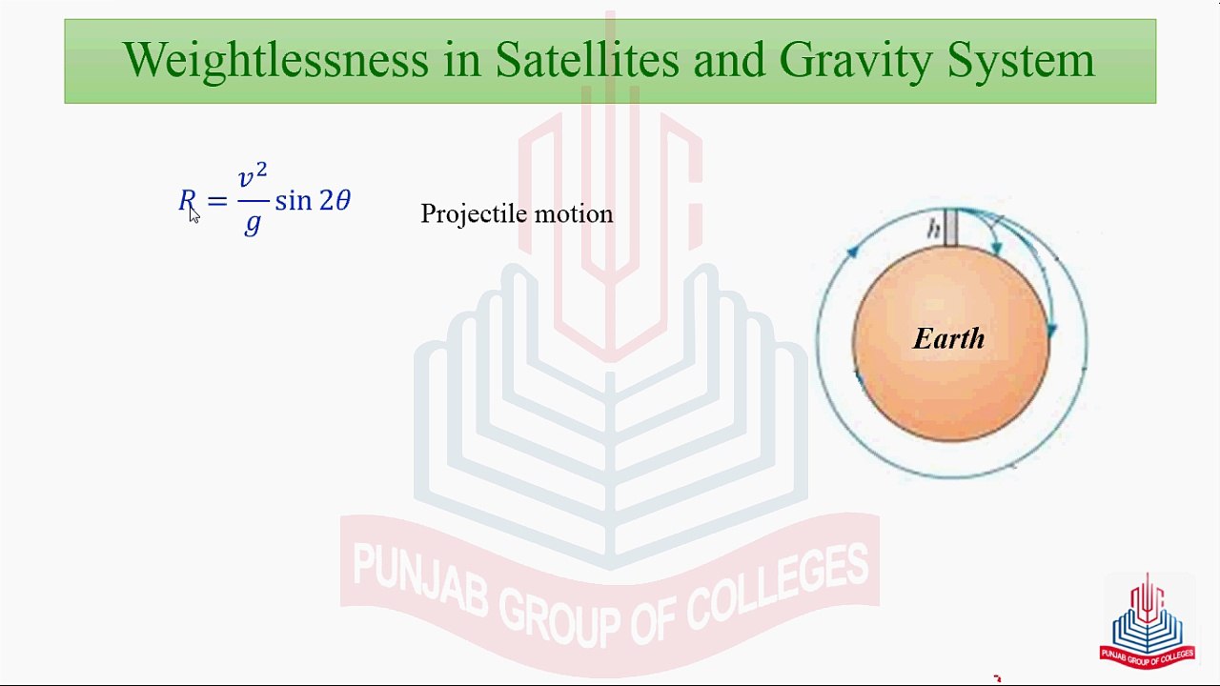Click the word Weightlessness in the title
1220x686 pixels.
[276, 60]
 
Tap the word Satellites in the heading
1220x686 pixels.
[587, 59]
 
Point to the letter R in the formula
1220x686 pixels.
[187, 200]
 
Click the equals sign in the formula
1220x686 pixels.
[217, 201]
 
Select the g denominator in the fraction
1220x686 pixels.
[253, 223]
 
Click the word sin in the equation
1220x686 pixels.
[293, 200]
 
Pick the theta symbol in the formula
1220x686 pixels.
[343, 200]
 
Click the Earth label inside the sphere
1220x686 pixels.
[948, 338]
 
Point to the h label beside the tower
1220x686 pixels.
[933, 230]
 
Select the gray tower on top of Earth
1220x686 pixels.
[950, 228]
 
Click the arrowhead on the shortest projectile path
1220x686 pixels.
[997, 249]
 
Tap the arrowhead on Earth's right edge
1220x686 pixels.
[1051, 330]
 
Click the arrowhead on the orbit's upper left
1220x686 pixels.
[853, 251]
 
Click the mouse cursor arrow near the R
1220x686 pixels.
[194, 215]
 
